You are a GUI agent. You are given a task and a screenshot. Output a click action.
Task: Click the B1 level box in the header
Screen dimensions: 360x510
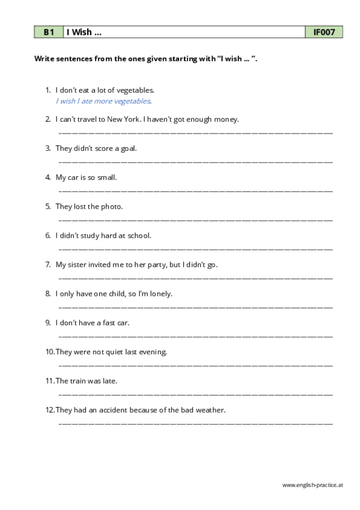48,32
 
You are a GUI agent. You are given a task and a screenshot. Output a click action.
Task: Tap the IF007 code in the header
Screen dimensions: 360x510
324,32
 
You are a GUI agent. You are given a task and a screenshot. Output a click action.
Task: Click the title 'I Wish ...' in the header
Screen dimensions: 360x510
84,32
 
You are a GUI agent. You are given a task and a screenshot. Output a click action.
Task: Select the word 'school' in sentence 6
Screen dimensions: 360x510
139,235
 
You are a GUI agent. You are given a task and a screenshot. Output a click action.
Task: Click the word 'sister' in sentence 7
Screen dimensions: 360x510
79,265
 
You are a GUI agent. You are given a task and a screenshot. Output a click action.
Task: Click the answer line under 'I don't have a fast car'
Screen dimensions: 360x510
195,336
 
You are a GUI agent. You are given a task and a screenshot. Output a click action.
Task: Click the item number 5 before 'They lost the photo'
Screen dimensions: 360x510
47,206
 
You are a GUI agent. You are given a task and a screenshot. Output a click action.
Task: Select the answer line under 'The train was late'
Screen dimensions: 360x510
195,394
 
